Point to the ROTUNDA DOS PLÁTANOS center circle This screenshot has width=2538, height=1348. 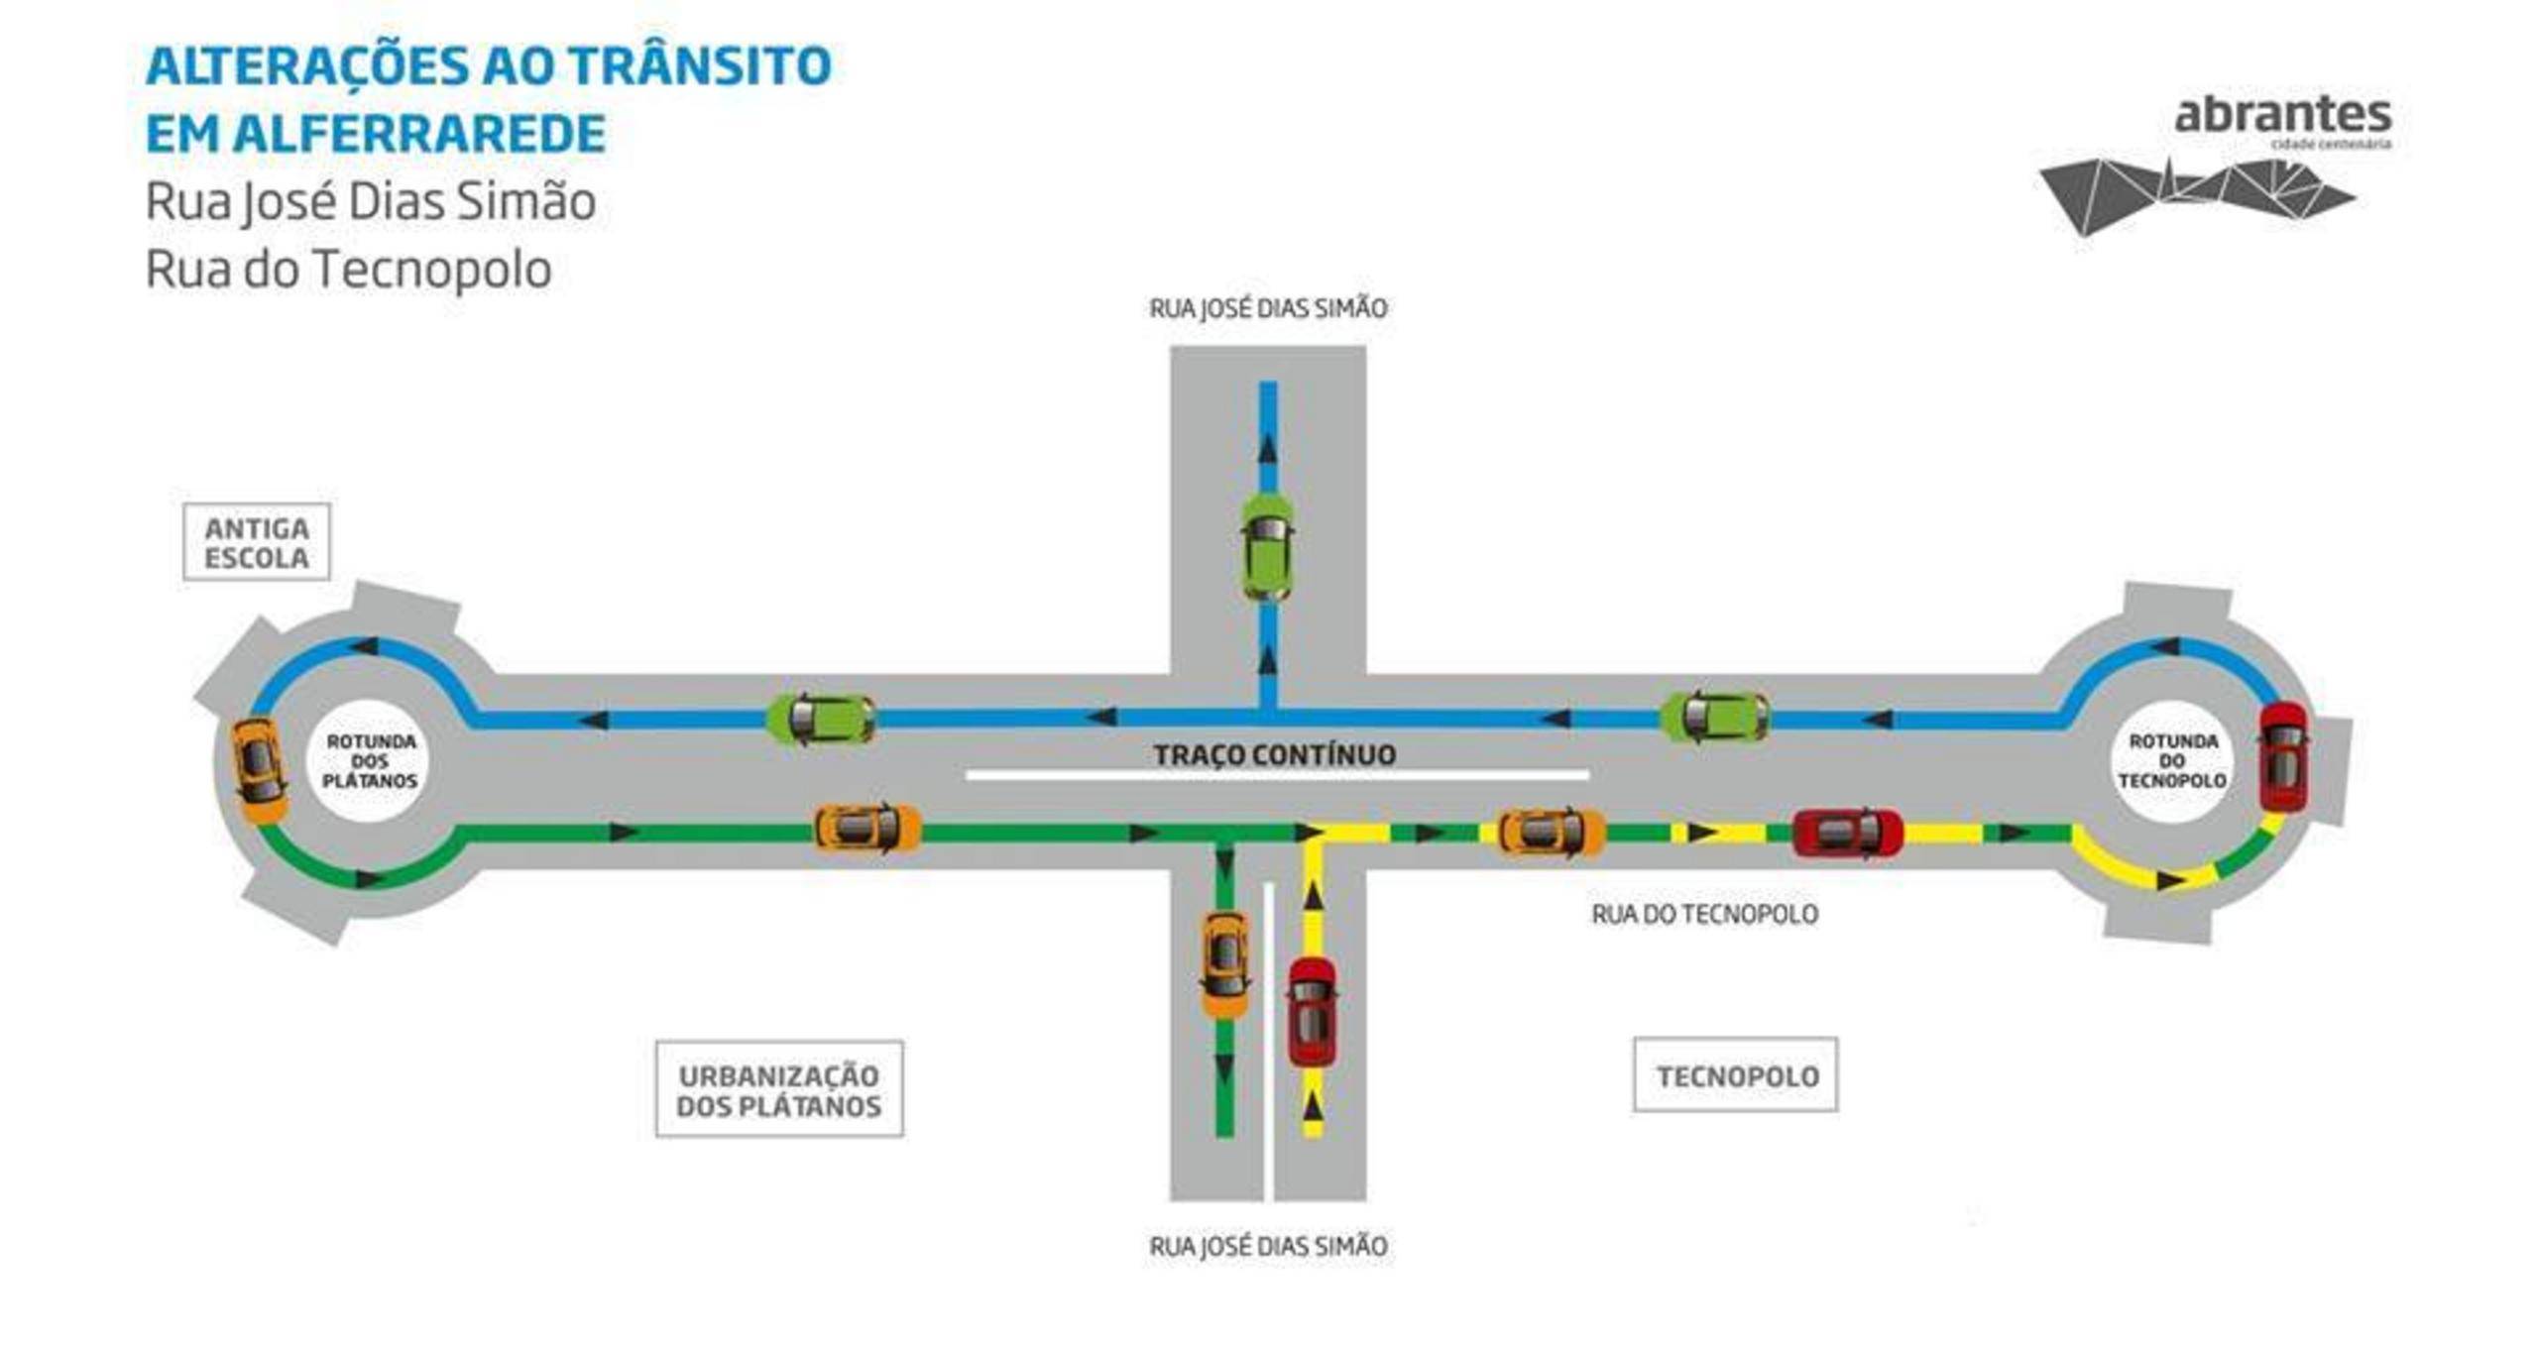click(x=370, y=761)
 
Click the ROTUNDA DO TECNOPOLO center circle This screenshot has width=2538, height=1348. click(x=2172, y=761)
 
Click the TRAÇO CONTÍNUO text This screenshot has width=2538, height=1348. click(x=1275, y=755)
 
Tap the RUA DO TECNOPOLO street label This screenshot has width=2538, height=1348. click(x=1705, y=914)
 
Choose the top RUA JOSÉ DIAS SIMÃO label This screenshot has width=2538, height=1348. click(x=1268, y=309)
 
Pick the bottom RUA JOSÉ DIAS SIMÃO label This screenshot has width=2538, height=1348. click(x=1268, y=1246)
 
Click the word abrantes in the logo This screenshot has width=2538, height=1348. click(x=2283, y=115)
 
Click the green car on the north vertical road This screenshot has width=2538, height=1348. click(x=1267, y=546)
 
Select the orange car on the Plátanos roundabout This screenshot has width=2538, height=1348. click(x=259, y=770)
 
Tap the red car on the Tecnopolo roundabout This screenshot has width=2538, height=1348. click(x=2283, y=756)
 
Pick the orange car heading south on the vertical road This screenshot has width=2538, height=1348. click(x=1225, y=964)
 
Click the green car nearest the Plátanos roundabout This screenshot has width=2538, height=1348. click(x=821, y=719)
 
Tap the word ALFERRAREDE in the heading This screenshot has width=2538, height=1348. click(x=421, y=135)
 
